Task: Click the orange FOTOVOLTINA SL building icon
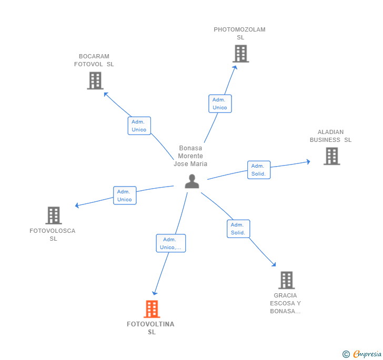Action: (x=152, y=309)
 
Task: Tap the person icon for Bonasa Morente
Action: (x=192, y=181)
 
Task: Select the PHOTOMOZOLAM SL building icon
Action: (x=241, y=54)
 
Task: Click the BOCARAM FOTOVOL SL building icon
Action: (x=95, y=80)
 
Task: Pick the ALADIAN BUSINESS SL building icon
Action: (x=331, y=156)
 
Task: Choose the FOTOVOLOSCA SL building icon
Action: (x=54, y=215)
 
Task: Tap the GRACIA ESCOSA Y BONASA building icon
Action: (x=287, y=280)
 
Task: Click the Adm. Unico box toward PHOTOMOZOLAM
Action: (x=220, y=104)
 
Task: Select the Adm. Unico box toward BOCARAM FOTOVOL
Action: (x=139, y=126)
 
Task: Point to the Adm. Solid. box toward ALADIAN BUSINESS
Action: (x=259, y=170)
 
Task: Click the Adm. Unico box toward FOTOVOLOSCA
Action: (x=125, y=196)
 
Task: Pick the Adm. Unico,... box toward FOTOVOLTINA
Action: (x=171, y=243)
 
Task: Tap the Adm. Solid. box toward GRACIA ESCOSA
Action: (x=238, y=229)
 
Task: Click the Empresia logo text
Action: (x=367, y=354)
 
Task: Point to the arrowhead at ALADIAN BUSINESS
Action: (x=308, y=161)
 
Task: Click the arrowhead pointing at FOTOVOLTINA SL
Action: (x=154, y=293)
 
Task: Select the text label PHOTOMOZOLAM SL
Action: (x=239, y=34)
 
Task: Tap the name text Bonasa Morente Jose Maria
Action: (x=190, y=156)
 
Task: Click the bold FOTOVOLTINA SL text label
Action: (x=150, y=328)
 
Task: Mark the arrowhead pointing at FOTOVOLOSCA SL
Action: (x=77, y=205)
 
